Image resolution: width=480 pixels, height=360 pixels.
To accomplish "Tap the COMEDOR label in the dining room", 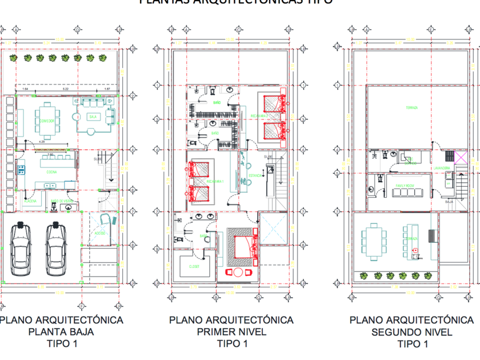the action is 48,121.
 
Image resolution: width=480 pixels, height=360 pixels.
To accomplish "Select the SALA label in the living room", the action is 93,117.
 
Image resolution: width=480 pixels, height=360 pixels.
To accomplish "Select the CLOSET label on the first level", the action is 194,266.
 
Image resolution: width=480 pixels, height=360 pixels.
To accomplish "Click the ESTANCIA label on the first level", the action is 255,176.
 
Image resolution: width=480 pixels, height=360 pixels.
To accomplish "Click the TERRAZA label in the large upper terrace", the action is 411,107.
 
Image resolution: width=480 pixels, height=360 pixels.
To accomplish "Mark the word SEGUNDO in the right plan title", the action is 395,331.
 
